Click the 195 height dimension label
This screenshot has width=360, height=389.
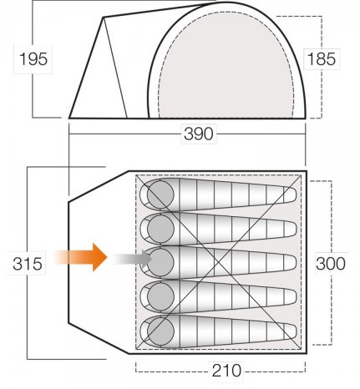33,59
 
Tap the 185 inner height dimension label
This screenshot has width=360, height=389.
321,59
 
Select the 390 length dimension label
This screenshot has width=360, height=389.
199,134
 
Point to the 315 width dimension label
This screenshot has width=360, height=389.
28,264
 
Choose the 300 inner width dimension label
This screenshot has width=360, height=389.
331,264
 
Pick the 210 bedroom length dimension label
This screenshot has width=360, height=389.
226,371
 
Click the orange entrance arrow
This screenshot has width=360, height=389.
81,257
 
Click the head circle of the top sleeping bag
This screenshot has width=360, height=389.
160,194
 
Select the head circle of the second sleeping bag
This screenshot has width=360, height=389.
160,229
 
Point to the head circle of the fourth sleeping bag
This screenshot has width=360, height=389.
160,297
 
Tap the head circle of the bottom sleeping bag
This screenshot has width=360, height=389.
160,331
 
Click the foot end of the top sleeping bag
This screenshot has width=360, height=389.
290,194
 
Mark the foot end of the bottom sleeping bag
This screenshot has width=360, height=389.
290,331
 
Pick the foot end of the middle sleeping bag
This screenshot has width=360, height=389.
290,263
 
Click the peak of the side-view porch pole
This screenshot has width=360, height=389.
103,18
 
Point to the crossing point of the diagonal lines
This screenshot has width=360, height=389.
219,261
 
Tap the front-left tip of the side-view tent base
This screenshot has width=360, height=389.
69,119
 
